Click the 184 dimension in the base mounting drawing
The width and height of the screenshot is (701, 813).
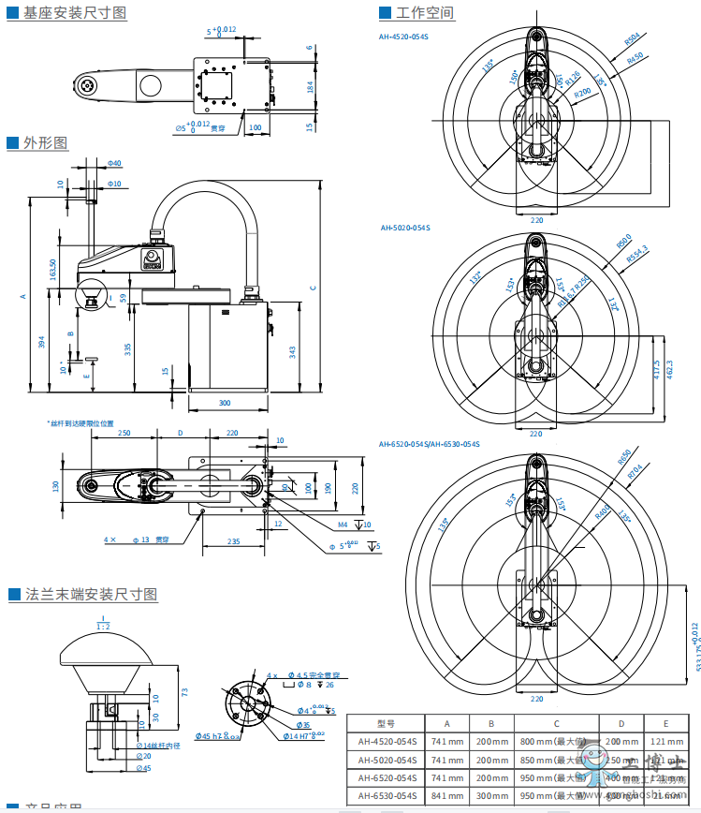(x=310, y=87)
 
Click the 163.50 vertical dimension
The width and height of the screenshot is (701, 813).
(x=52, y=270)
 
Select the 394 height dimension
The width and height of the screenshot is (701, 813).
(x=41, y=343)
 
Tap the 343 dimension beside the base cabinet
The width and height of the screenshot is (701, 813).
(x=293, y=351)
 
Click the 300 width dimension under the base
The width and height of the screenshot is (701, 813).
(x=225, y=403)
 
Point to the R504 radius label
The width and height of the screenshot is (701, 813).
(x=633, y=39)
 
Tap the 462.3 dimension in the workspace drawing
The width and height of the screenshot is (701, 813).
(x=669, y=371)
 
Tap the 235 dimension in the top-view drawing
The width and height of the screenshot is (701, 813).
(x=234, y=541)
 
